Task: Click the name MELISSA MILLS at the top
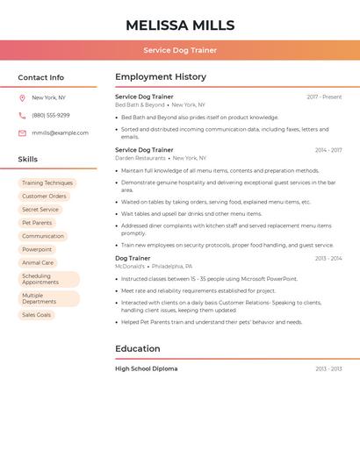pyautogui.click(x=180, y=25)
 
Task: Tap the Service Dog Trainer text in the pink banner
pyautogui.click(x=180, y=50)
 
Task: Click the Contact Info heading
pyautogui.click(x=40, y=77)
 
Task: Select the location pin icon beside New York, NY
pyautogui.click(x=22, y=98)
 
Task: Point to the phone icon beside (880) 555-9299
pyautogui.click(x=22, y=116)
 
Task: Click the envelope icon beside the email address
pyautogui.click(x=22, y=133)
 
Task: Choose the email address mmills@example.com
pyautogui.click(x=60, y=133)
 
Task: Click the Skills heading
pyautogui.click(x=28, y=160)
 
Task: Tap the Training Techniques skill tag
pyautogui.click(x=47, y=183)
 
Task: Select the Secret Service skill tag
pyautogui.click(x=40, y=210)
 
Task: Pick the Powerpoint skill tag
pyautogui.click(x=37, y=249)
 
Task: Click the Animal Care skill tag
pyautogui.click(x=38, y=262)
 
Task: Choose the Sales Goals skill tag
pyautogui.click(x=37, y=315)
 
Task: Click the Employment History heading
pyautogui.click(x=161, y=77)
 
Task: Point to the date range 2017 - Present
pyautogui.click(x=324, y=97)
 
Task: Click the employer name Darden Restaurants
pyautogui.click(x=140, y=158)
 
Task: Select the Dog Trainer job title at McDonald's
pyautogui.click(x=133, y=258)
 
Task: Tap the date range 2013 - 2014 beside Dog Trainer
pyautogui.click(x=328, y=259)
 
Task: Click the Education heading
pyautogui.click(x=138, y=348)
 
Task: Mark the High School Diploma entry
pyautogui.click(x=146, y=368)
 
